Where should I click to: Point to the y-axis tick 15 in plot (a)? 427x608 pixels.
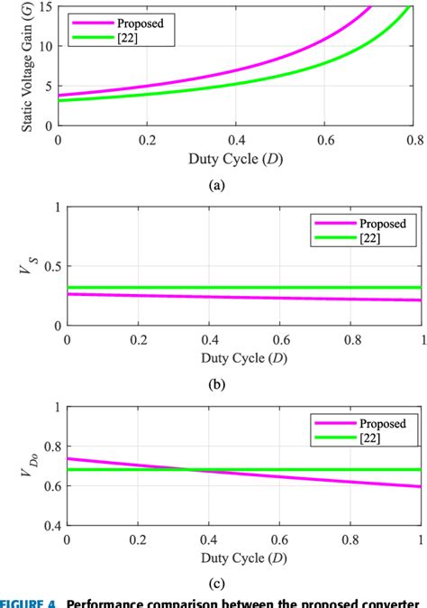[45, 7]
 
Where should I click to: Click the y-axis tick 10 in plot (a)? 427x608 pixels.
[45, 46]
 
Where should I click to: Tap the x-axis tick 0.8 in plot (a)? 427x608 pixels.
[413, 141]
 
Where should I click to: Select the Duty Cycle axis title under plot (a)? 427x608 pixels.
[235, 161]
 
